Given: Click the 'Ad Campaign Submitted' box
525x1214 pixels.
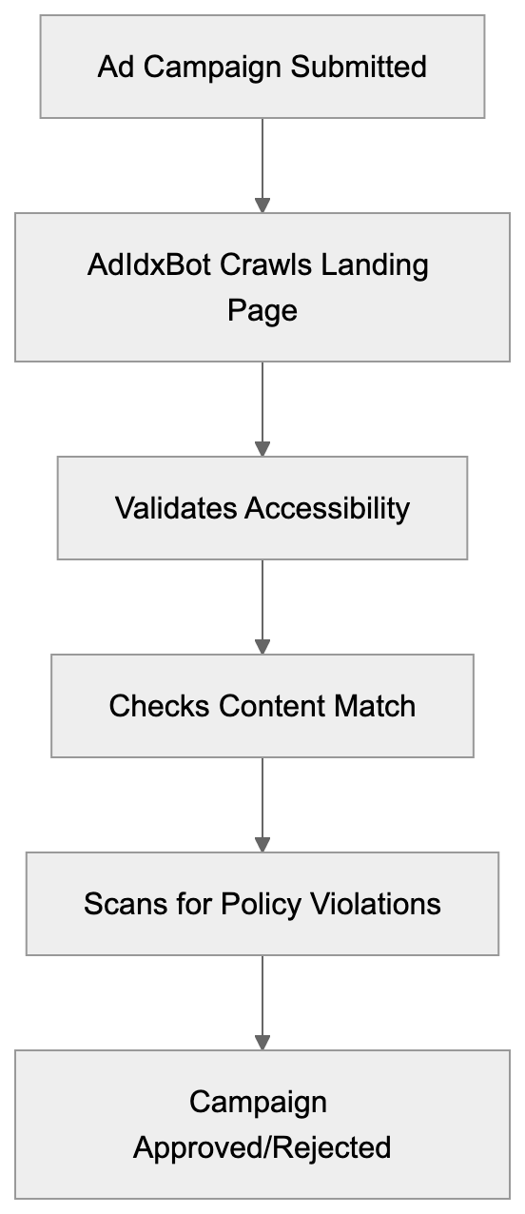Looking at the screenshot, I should pos(262,67).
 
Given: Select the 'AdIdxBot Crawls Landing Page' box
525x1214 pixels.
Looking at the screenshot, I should pos(262,286).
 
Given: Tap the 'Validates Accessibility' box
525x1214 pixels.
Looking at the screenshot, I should pos(262,507).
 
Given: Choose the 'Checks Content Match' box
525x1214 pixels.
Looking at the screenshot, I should pos(262,705).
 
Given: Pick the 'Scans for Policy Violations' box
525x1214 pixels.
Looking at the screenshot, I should pos(262,903).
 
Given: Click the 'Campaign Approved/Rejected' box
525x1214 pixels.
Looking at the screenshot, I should pos(262,1124).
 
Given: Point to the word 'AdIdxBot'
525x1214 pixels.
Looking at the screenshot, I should pos(149,264).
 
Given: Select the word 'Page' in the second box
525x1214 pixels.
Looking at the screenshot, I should pos(262,310).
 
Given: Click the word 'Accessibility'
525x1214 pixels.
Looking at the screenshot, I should pos(326,508).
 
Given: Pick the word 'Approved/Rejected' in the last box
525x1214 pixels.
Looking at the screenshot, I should pos(262,1147).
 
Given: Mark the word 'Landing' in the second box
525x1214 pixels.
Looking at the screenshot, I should pos(374,264).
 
